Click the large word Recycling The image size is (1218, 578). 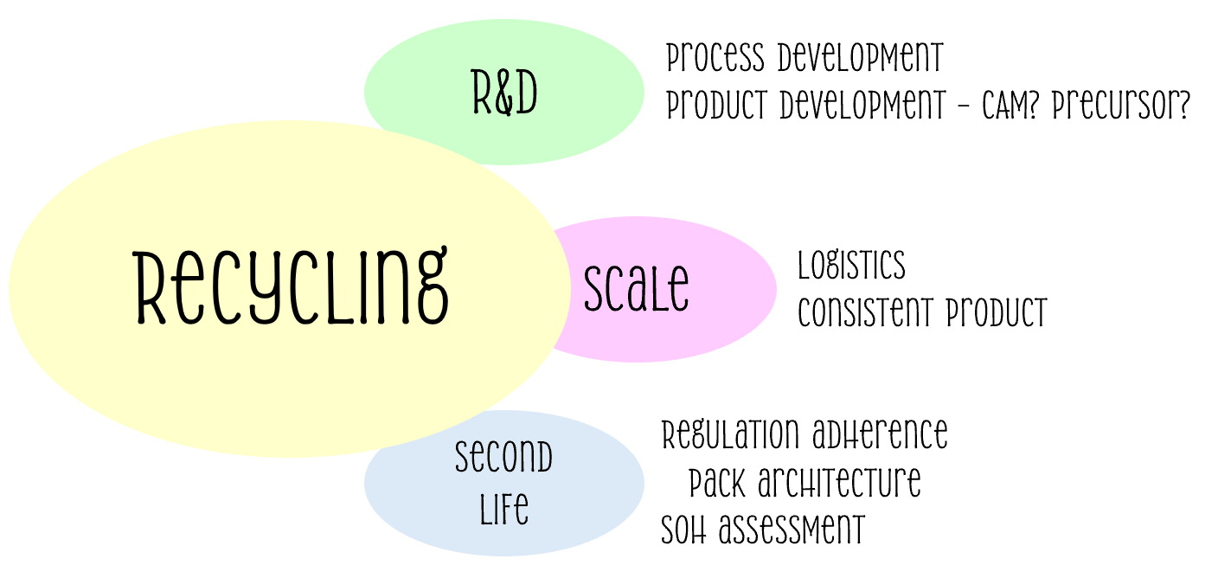(292, 286)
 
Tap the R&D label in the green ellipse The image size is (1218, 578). (505, 93)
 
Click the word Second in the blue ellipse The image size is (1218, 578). (503, 458)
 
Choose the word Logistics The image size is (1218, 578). (851, 266)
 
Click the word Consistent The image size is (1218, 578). (868, 312)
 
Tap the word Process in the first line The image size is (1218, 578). (715, 60)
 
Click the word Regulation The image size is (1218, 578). (730, 434)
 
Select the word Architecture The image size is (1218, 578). (840, 483)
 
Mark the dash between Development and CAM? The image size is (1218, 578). (964, 107)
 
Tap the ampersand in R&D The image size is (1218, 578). (505, 94)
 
